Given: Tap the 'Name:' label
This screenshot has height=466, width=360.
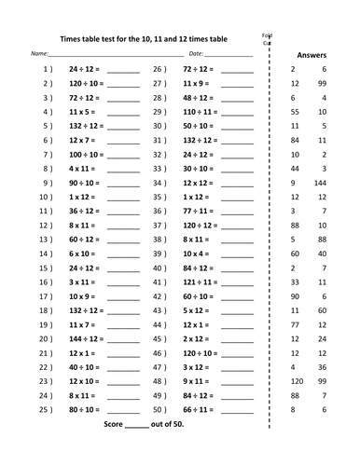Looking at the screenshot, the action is point(39,57).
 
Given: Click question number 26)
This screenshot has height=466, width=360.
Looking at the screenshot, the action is point(159,70).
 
